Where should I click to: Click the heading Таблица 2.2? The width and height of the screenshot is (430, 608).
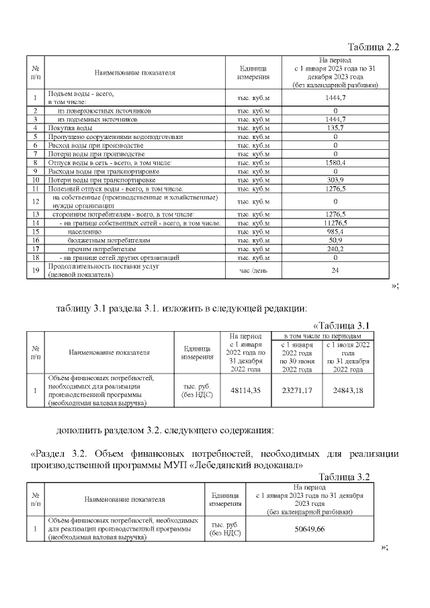[x=373, y=47]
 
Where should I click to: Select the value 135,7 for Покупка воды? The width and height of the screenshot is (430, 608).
[x=335, y=128]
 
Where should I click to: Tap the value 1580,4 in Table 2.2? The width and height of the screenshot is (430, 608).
[x=335, y=163]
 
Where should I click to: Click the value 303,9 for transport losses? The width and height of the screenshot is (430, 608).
[x=335, y=180]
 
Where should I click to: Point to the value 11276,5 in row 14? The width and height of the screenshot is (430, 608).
[x=335, y=222]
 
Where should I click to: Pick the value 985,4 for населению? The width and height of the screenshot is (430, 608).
[x=335, y=231]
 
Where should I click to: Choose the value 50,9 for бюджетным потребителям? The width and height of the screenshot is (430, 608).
[x=335, y=240]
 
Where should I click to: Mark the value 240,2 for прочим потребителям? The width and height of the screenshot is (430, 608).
[x=335, y=249]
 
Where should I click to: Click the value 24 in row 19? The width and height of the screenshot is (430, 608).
[x=335, y=270]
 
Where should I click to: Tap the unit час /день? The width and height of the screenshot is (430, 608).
[x=253, y=270]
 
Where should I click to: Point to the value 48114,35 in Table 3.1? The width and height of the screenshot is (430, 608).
[x=245, y=390]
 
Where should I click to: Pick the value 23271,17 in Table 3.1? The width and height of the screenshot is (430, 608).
[x=296, y=390]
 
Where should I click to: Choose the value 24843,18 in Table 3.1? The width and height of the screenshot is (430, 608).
[x=347, y=390]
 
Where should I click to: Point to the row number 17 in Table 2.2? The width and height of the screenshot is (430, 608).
[x=34, y=249]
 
